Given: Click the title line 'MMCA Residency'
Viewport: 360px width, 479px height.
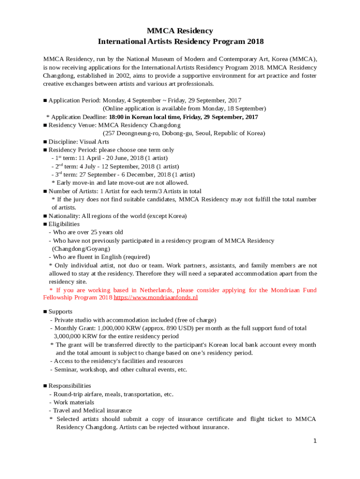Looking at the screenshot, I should [x=180, y=31].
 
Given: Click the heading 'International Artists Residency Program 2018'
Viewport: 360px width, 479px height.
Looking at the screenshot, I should [x=180, y=42].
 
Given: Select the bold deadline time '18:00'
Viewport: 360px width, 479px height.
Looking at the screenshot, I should [x=117, y=117].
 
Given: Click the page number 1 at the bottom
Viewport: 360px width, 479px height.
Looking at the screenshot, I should [x=315, y=441].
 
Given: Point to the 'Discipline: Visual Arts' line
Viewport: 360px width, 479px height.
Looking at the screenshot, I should [x=79, y=142].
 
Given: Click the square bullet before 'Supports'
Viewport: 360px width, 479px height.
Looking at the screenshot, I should [x=45, y=312].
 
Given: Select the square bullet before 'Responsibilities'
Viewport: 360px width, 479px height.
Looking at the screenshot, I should [x=45, y=386].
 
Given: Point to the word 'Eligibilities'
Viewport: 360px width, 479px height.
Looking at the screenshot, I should [x=64, y=224].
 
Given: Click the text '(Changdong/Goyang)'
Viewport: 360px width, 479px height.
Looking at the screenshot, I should [x=81, y=249].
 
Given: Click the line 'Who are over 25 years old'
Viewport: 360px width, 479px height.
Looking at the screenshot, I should [x=87, y=232].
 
